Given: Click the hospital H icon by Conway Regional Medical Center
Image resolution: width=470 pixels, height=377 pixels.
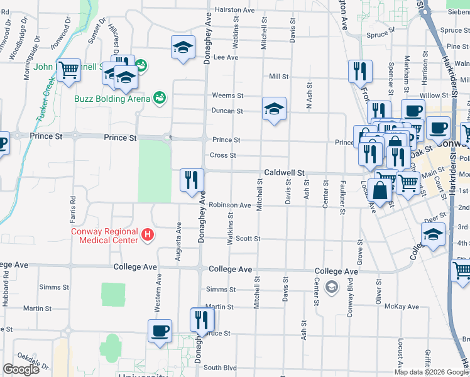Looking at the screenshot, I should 148,235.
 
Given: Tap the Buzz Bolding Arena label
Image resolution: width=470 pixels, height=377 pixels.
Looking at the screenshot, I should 112,99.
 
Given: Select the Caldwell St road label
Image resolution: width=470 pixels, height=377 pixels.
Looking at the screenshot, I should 284,172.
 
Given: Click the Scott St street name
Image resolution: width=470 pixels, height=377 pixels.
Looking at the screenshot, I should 248,239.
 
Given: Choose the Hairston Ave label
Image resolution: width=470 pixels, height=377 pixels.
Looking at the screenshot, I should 234,10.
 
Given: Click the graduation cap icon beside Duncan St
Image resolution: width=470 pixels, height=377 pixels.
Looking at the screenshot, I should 274,109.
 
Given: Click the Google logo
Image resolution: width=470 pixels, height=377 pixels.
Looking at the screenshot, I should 21,369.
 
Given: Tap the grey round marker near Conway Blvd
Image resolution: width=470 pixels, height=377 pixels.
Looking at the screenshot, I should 332,288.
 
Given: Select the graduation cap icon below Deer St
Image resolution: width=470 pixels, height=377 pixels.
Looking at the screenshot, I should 433,235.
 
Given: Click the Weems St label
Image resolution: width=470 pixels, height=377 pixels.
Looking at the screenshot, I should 228,96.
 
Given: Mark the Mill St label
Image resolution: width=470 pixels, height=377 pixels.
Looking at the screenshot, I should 278,77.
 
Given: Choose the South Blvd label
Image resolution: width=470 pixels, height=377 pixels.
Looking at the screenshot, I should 220,368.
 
